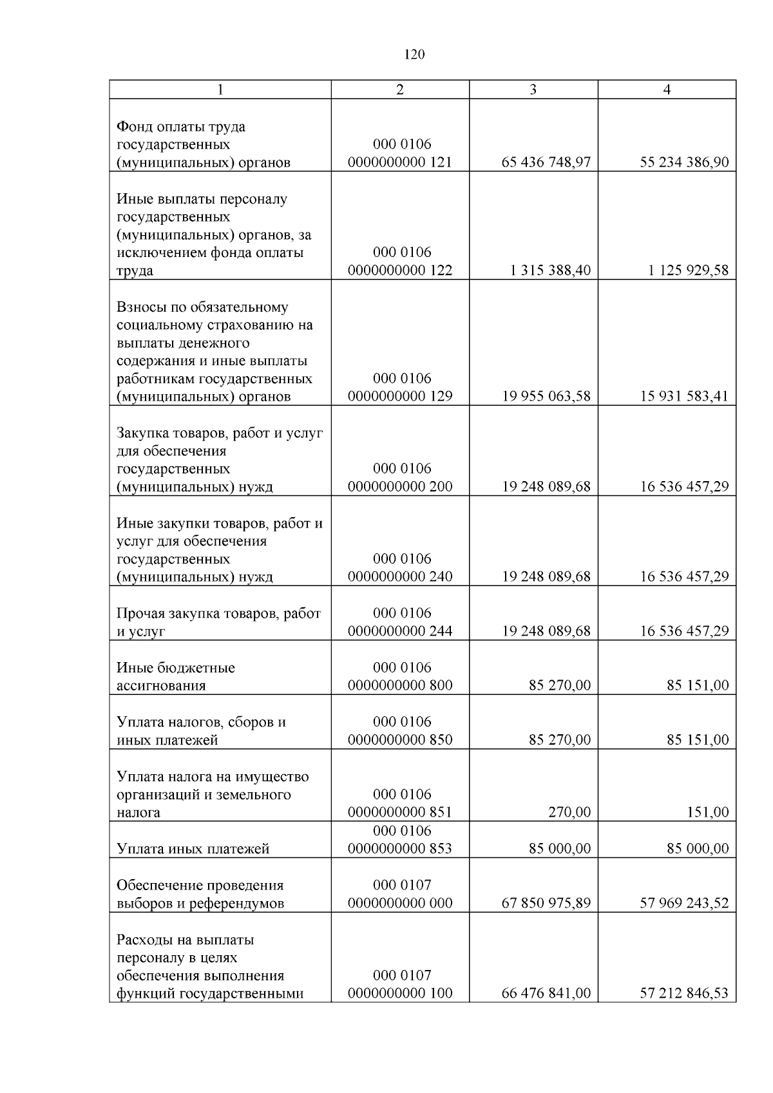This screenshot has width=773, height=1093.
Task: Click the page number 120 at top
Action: click(414, 55)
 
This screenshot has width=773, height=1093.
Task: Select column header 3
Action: click(533, 90)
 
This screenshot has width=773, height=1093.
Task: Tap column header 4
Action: click(667, 90)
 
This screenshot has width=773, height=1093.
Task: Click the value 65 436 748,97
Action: click(546, 162)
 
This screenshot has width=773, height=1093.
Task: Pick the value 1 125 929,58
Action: click(688, 271)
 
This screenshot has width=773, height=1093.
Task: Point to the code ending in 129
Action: click(400, 397)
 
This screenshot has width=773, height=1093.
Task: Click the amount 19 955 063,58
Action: click(546, 397)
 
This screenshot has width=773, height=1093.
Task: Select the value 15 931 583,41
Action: click(684, 397)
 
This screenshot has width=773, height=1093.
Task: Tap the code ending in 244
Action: click(400, 631)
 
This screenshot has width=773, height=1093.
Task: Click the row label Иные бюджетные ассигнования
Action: click(175, 676)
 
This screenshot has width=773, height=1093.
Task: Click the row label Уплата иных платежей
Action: click(193, 849)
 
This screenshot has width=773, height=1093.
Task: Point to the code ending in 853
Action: click(400, 849)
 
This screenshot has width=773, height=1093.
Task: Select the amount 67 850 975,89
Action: click(546, 904)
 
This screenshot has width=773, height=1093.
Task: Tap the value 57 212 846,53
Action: click(684, 994)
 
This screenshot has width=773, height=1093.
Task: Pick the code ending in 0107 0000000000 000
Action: click(400, 895)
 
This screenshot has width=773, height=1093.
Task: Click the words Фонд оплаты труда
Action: click(180, 127)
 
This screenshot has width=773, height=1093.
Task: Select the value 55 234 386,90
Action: click(684, 162)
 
